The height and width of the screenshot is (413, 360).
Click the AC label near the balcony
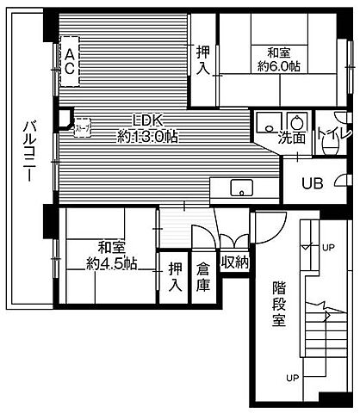click(x=70, y=61)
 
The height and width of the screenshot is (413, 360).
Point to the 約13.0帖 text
click(x=147, y=136)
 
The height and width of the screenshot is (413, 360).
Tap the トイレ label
click(x=331, y=134)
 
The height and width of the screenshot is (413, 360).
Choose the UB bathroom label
click(x=312, y=182)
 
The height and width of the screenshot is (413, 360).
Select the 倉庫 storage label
click(x=203, y=274)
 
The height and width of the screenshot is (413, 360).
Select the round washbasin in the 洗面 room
click(x=298, y=121)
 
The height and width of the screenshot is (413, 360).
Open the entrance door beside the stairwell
click(x=265, y=226)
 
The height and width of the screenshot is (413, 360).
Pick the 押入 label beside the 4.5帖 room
click(x=175, y=275)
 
